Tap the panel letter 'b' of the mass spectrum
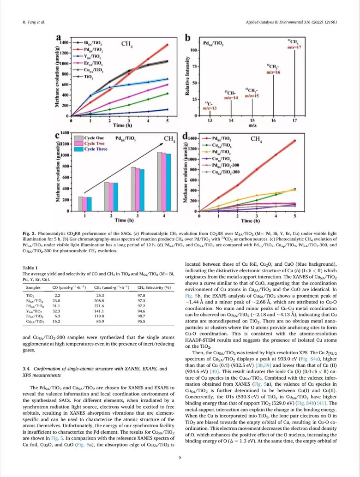tap(188, 38)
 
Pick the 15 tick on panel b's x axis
tap(252, 120)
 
